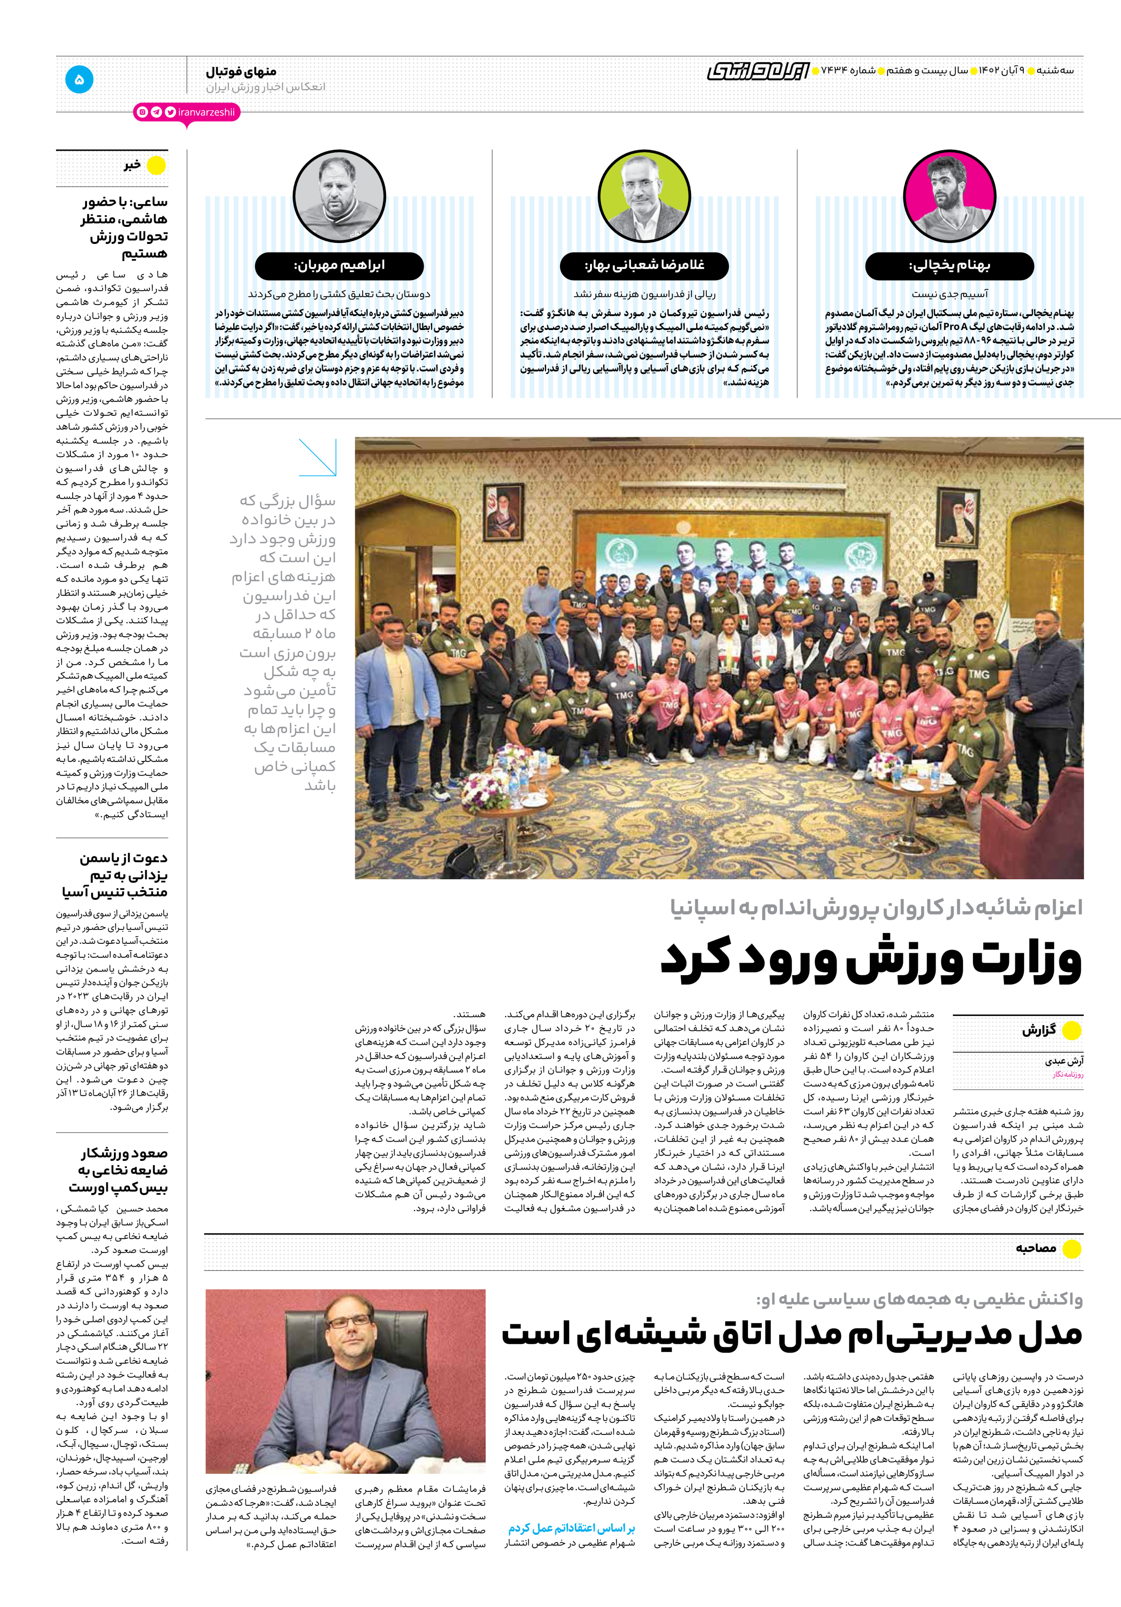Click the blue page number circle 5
tap(79, 79)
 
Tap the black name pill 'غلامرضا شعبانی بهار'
tap(644, 266)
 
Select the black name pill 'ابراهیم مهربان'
tap(339, 266)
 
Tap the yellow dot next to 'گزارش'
tap(1071, 1030)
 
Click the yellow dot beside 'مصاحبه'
tap(1071, 1248)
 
